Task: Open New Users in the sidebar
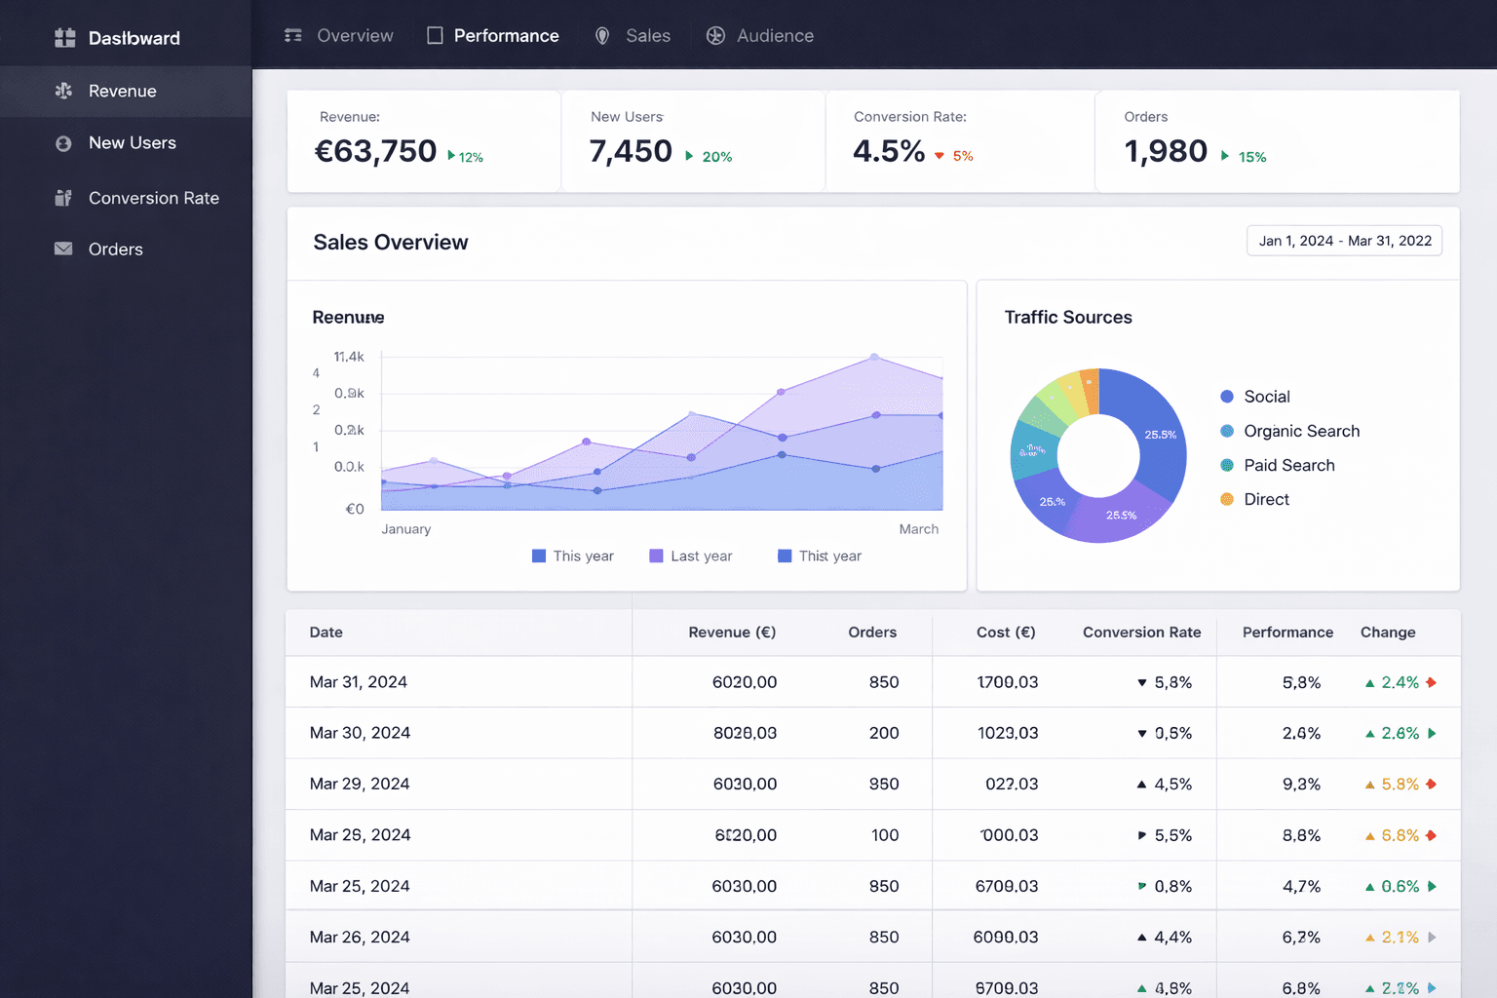(132, 143)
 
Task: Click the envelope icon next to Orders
(63, 249)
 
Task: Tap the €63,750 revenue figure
(375, 151)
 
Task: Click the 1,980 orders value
(1166, 151)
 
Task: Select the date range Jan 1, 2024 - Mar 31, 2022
(1344, 241)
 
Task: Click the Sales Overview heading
(390, 243)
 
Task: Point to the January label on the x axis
(405, 529)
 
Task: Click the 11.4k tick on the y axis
(348, 357)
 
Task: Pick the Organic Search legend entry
(1300, 431)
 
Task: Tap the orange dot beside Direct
(1227, 499)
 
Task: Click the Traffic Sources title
(1067, 318)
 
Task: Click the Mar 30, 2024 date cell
(360, 733)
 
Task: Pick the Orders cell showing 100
(884, 835)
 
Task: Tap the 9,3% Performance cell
(1300, 784)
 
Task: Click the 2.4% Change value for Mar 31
(1399, 682)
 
